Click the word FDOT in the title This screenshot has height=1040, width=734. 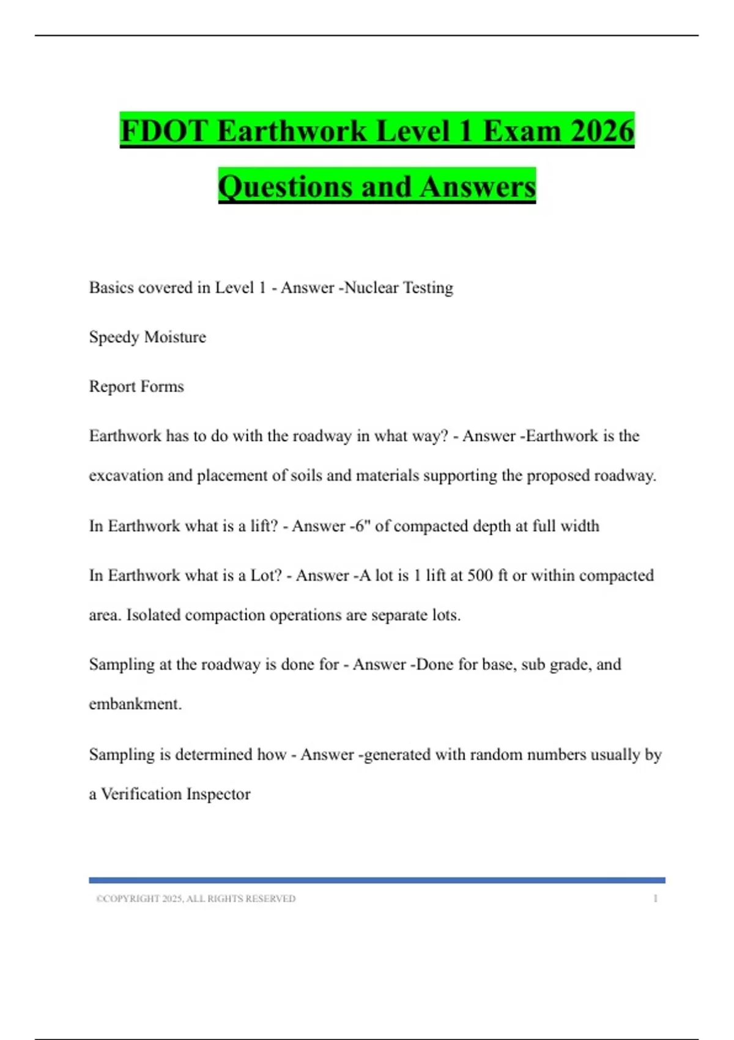point(163,131)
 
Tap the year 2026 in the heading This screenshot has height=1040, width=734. point(602,131)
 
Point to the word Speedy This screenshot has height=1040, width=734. point(114,337)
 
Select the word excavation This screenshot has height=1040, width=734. point(126,476)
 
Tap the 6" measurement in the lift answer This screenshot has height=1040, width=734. point(360,526)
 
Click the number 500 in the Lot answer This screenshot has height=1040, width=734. point(480,576)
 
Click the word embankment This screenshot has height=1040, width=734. point(135,704)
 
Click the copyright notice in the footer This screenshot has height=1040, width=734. point(196,899)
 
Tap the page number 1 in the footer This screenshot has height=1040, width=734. point(655,899)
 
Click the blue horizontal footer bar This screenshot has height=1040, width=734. point(377,880)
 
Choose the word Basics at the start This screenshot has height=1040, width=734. point(111,288)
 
